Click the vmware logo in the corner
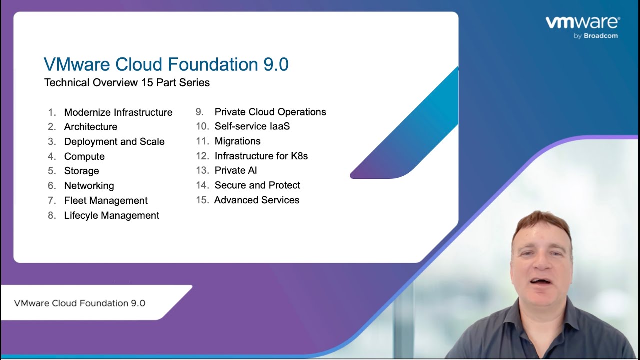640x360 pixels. [583, 23]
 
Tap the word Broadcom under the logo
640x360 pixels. [601, 36]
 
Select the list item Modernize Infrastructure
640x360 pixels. [118, 112]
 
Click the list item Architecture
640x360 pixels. [91, 127]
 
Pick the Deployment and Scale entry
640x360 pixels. [114, 141]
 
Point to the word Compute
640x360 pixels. [84, 156]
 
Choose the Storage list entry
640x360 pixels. [81, 171]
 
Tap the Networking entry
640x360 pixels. [89, 185]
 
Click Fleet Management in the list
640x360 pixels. [106, 200]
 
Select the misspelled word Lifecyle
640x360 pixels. [81, 215]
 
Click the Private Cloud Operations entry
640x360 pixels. [270, 112]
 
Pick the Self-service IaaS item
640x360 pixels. [252, 126]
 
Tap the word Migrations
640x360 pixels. [237, 141]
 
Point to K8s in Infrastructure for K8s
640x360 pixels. [299, 156]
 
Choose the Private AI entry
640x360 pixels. [236, 170]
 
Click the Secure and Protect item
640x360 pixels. [257, 185]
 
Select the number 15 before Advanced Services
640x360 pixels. [202, 200]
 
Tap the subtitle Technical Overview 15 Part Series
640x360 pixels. [127, 83]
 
